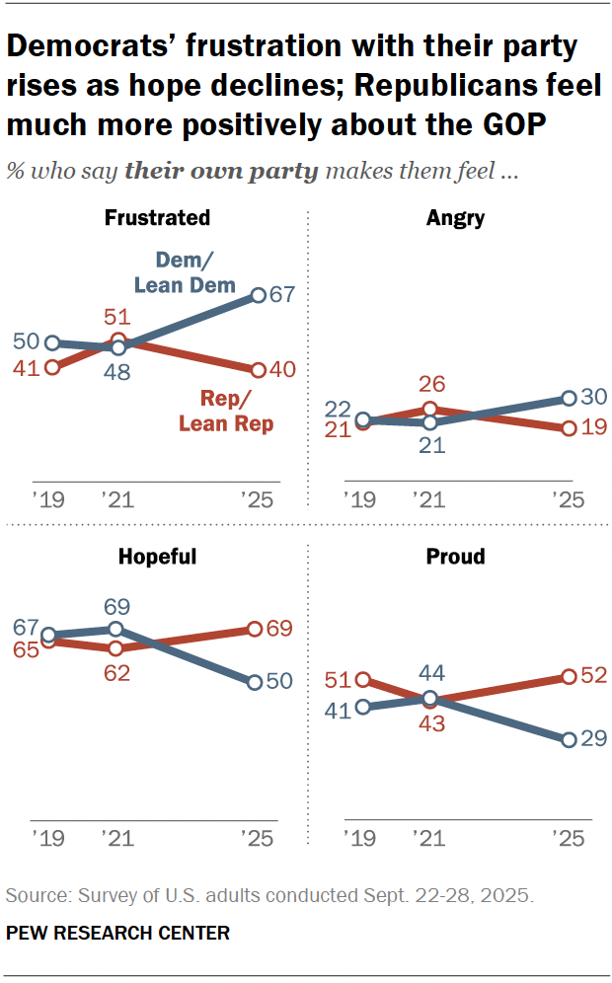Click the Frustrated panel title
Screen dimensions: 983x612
157,218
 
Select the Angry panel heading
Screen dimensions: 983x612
455,218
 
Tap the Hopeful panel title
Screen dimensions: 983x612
157,557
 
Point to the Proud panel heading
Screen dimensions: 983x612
455,557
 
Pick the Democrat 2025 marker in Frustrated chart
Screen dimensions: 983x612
258,294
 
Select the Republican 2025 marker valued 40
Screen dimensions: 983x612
258,370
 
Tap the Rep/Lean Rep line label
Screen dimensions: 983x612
225,413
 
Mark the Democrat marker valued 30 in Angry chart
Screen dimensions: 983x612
569,398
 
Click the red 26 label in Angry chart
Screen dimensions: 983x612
430,384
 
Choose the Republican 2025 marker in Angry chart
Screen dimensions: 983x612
569,428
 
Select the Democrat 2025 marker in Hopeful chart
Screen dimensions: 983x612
255,682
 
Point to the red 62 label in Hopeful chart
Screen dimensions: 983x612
115,673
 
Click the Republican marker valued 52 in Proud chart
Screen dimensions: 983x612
569,677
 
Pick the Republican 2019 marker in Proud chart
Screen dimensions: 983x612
363,679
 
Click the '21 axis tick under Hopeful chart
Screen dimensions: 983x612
116,838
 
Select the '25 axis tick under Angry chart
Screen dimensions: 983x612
567,499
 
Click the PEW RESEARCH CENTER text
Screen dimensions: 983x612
117,933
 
